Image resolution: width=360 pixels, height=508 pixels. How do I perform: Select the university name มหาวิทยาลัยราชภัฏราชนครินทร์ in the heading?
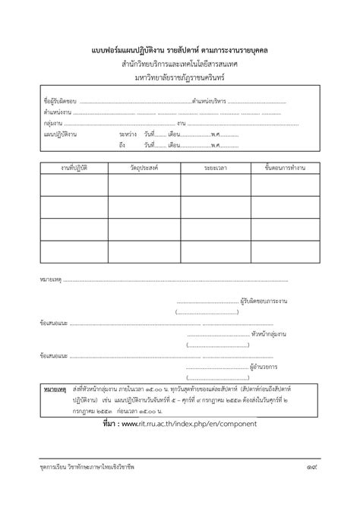tap(179, 77)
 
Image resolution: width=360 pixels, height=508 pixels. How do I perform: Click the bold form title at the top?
tap(179, 50)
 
